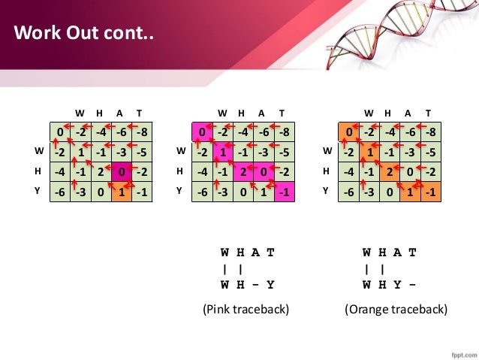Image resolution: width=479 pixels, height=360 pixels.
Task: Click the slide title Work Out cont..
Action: click(x=83, y=34)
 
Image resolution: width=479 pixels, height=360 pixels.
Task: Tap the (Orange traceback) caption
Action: click(x=396, y=309)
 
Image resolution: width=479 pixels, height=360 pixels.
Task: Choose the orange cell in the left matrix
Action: click(x=121, y=192)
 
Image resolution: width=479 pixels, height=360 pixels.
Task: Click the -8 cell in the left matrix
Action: click(x=141, y=134)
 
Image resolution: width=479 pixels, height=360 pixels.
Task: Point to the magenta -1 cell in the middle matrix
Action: click(x=283, y=192)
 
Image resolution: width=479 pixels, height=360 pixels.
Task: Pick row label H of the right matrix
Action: click(x=327, y=171)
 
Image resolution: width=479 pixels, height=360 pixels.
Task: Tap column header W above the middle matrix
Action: click(x=222, y=113)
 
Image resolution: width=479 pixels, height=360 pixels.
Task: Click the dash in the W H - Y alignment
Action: click(x=255, y=285)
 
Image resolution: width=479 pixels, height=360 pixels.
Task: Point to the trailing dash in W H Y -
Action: click(x=412, y=285)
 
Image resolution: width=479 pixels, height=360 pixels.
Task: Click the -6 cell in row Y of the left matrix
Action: click(x=60, y=192)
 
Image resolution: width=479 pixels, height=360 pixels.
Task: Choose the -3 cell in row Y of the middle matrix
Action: click(x=222, y=192)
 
